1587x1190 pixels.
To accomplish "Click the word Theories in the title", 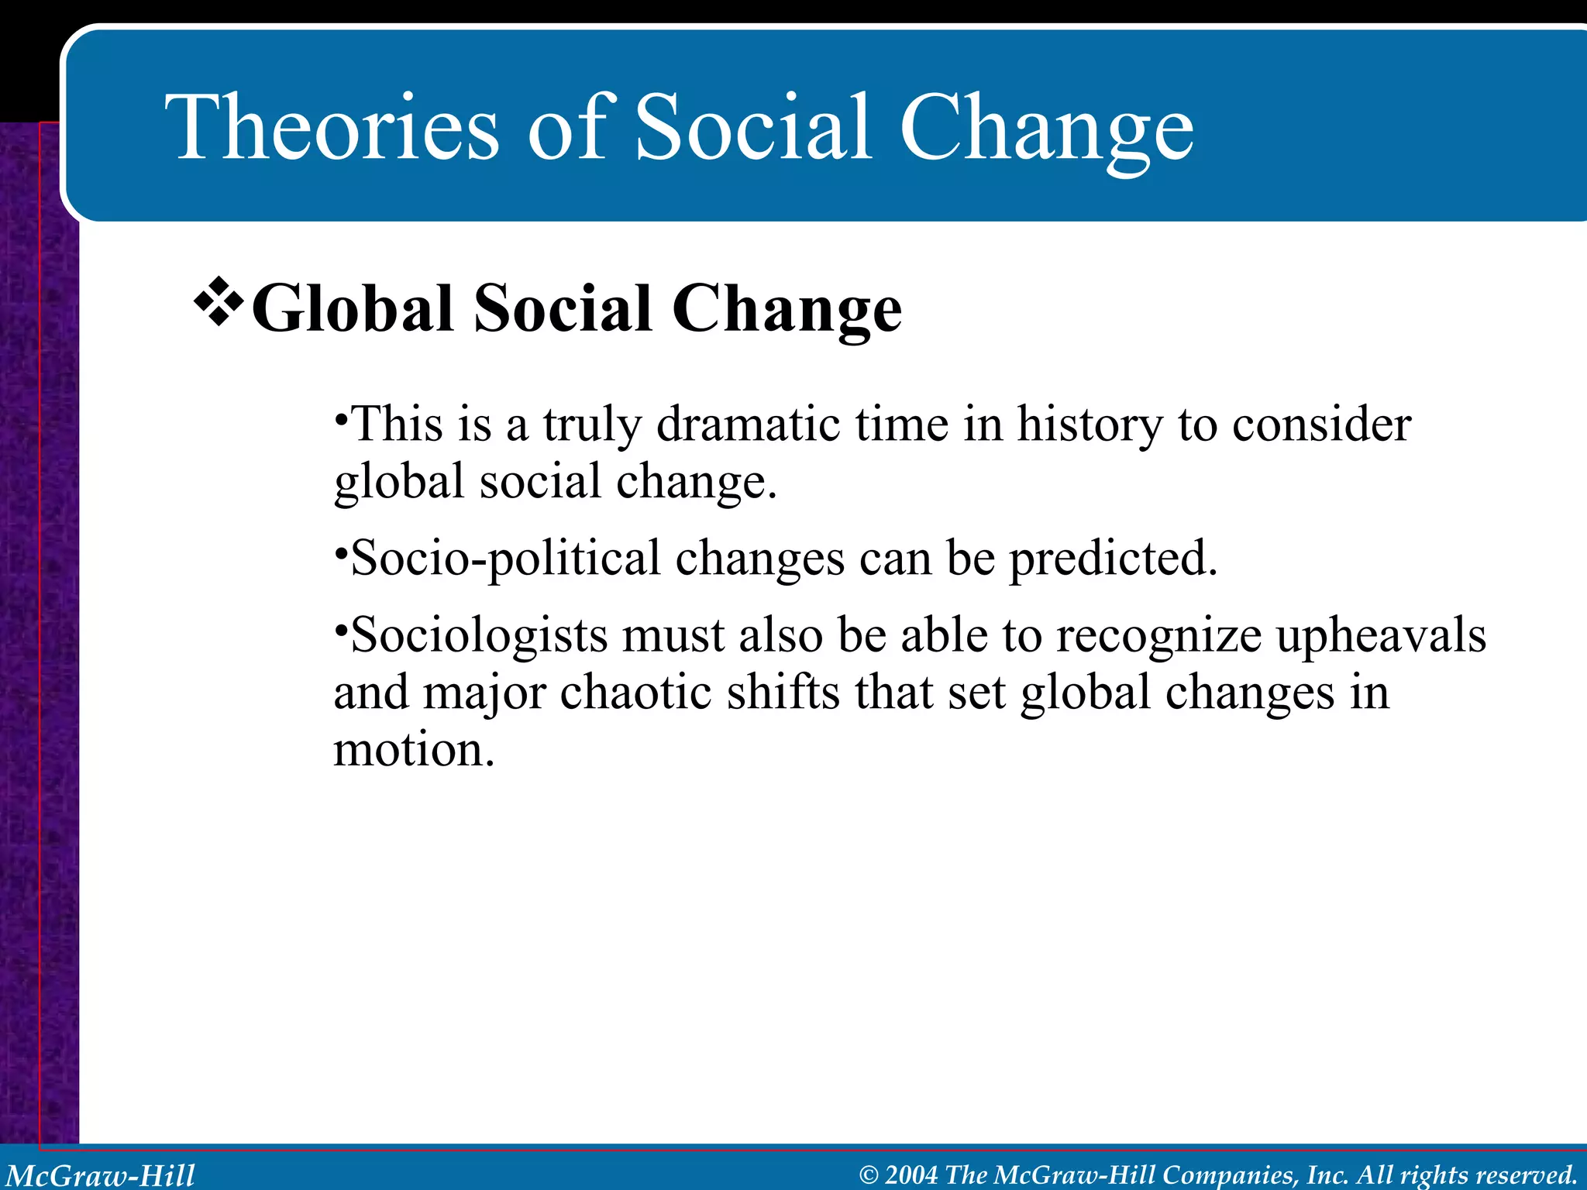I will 333,128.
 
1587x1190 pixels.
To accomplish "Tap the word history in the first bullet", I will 1090,426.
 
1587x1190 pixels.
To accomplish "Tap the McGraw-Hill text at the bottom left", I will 101,1175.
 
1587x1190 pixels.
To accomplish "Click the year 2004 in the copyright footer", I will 911,1175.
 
